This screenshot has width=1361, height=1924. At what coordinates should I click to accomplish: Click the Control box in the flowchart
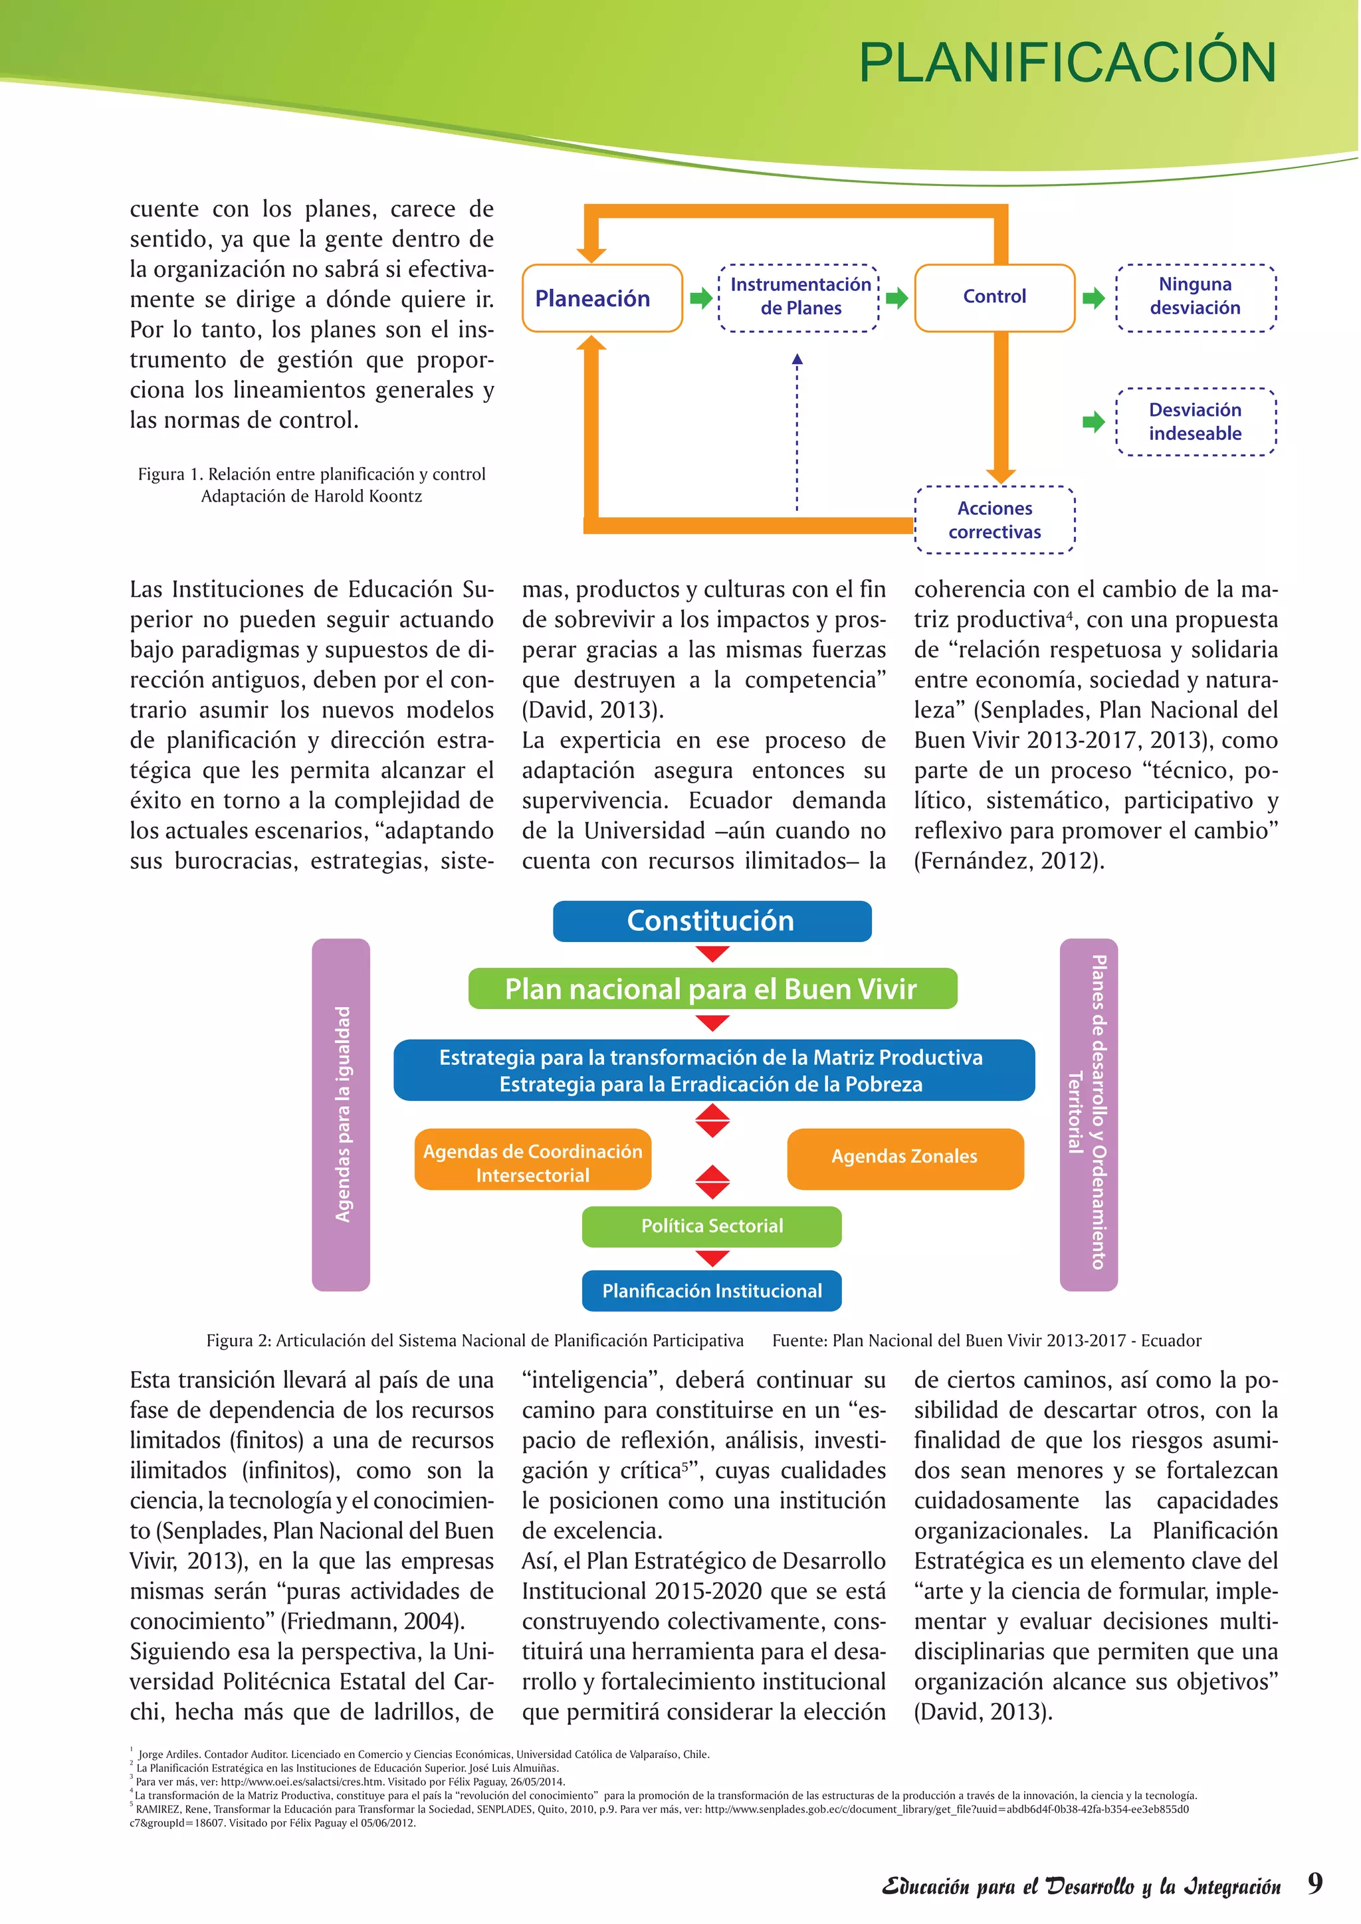tap(994, 297)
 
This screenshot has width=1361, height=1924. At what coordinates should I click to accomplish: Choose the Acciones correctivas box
tap(994, 520)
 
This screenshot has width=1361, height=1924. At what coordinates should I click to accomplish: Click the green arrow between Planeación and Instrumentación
tap(700, 298)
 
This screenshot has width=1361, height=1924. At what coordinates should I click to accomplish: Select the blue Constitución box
tap(712, 921)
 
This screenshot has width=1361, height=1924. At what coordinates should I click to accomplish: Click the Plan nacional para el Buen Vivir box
tap(712, 989)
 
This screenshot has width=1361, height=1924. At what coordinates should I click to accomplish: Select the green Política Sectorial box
tap(712, 1226)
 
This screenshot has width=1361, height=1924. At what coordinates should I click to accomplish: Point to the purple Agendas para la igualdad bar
tap(341, 1115)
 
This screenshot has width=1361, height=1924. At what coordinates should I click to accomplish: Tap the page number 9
tap(1315, 1883)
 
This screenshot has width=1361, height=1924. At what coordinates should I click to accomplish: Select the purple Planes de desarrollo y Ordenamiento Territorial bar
tap(1088, 1115)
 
